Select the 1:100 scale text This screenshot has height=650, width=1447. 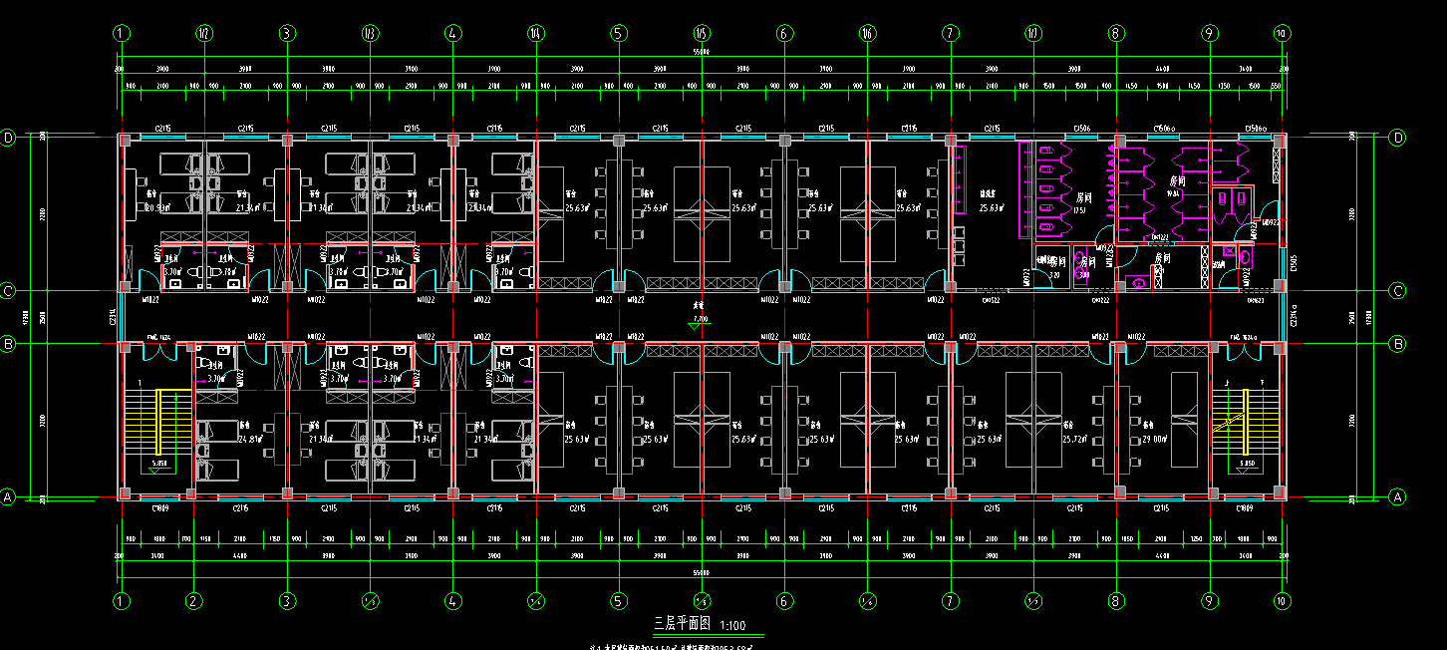[x=732, y=625]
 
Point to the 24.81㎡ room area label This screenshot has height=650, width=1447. [x=249, y=439]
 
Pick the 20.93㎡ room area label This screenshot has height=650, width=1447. [x=154, y=208]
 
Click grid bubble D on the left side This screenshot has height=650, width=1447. [x=9, y=138]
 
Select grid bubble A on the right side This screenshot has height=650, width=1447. [x=1397, y=495]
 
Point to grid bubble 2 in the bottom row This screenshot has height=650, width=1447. [x=194, y=601]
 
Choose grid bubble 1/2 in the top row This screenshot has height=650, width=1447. [x=204, y=33]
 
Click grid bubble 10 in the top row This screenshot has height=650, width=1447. [x=1282, y=33]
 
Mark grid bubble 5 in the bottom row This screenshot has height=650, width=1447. [x=619, y=601]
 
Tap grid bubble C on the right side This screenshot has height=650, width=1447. [x=1397, y=291]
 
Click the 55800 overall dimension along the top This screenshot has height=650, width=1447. [x=702, y=52]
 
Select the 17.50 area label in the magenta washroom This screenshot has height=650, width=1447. [x=1079, y=210]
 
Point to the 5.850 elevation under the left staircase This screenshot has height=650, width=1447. [x=159, y=465]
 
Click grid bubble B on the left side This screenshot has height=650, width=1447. [x=9, y=344]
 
